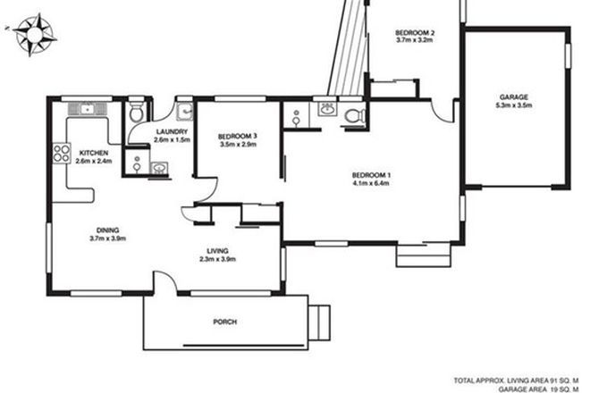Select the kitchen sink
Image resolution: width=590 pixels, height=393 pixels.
88,109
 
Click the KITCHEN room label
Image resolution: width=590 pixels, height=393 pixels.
94,153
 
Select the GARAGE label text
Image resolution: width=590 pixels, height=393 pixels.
514,96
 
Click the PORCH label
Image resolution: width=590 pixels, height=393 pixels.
225,322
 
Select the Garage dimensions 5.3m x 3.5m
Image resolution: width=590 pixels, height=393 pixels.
514,105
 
